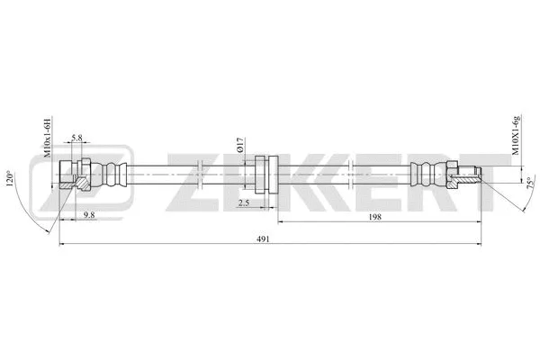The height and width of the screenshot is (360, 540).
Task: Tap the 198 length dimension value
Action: pos(375,213)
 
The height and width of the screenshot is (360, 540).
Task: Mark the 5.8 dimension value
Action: pos(77,137)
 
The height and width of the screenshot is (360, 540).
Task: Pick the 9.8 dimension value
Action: pos(89,213)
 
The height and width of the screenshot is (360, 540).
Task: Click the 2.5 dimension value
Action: pos(243,204)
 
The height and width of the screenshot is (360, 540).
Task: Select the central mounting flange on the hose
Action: pos(262,174)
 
